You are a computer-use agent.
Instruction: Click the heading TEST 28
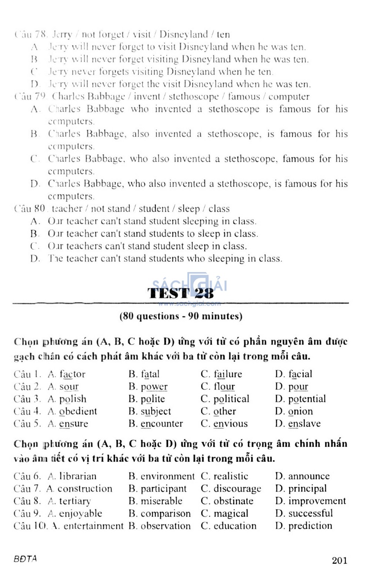pyautogui.click(x=181, y=293)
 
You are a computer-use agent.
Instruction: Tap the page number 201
pyautogui.click(x=339, y=560)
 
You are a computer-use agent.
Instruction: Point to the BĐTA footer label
pyautogui.click(x=25, y=559)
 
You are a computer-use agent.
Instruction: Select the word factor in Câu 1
pyautogui.click(x=72, y=374)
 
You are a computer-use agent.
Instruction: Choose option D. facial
pyautogui.click(x=294, y=374)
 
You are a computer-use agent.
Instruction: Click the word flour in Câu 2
pyautogui.click(x=224, y=387)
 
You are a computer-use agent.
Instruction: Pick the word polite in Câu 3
pyautogui.click(x=152, y=399)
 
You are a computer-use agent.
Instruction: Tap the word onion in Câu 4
pyautogui.click(x=300, y=411)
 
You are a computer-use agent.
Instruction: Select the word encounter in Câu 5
pyautogui.click(x=162, y=424)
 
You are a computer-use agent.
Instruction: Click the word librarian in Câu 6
pyautogui.click(x=78, y=476)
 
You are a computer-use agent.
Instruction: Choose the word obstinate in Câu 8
pyautogui.click(x=234, y=501)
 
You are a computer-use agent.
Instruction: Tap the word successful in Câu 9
pyautogui.click(x=311, y=514)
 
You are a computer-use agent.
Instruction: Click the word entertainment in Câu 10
pyautogui.click(x=93, y=526)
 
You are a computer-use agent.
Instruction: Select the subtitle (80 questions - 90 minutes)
pyautogui.click(x=181, y=316)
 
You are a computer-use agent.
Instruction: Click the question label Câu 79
pyautogui.click(x=30, y=97)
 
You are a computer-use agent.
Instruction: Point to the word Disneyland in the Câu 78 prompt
pyautogui.click(x=184, y=35)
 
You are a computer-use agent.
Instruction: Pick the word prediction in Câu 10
pyautogui.click(x=310, y=526)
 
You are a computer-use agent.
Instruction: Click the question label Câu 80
pyautogui.click(x=30, y=209)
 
